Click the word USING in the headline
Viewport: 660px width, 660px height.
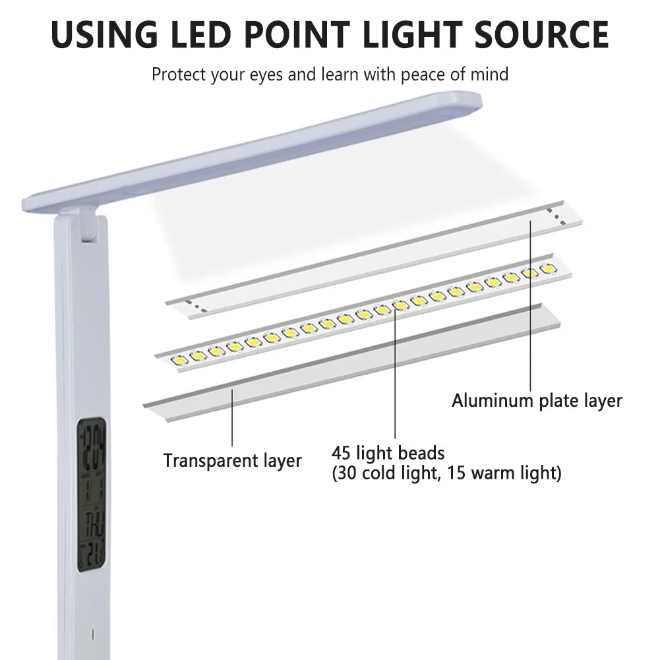[105, 34]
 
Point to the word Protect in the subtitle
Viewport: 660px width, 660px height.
[179, 74]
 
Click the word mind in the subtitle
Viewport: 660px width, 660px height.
[489, 74]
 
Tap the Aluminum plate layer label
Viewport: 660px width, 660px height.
[537, 400]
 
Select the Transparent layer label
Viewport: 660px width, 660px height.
[232, 460]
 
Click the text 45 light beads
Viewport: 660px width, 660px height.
[388, 454]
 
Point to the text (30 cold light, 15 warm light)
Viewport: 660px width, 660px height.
[446, 473]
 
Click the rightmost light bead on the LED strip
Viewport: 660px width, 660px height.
[547, 269]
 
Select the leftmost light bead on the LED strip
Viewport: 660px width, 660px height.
[179, 360]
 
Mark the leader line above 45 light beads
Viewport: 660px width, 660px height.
[396, 376]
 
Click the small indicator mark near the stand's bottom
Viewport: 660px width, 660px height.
[92, 635]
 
